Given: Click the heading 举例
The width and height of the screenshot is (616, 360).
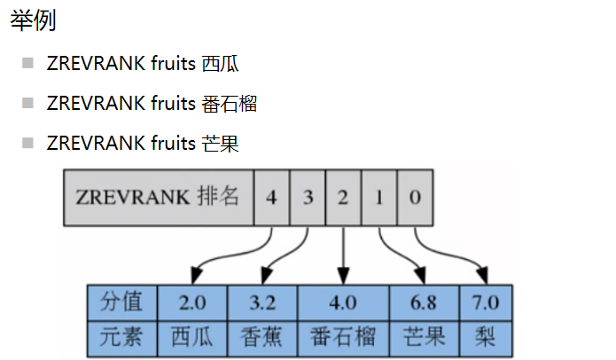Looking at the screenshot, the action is click(33, 20).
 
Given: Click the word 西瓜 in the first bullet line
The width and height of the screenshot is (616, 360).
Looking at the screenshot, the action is click(220, 64).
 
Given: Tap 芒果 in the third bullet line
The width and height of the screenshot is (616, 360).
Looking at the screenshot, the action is click(220, 144).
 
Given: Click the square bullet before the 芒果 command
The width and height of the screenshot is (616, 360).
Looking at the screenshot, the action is click(28, 143).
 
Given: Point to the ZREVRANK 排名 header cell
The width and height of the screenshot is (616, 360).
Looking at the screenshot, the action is click(159, 196).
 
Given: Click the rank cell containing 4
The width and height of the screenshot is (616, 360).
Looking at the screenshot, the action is click(271, 196).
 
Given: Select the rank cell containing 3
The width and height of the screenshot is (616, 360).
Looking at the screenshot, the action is click(308, 196).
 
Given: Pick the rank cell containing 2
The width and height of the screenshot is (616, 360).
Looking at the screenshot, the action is click(343, 196).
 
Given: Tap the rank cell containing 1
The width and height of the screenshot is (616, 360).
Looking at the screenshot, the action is click(379, 196).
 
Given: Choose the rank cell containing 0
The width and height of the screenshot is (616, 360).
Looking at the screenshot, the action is click(415, 196).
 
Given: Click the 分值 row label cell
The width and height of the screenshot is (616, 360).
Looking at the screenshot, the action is click(122, 302).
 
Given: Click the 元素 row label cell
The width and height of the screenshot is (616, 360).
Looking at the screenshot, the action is click(122, 337).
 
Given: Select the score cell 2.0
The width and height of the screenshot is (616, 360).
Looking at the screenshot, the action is click(192, 302).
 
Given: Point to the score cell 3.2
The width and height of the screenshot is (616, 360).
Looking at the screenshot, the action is click(262, 302).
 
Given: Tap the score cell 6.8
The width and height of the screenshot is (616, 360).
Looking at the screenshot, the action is click(423, 302).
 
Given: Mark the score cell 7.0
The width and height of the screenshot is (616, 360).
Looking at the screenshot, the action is click(485, 302).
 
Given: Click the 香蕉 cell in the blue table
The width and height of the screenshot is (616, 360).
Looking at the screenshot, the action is click(262, 337).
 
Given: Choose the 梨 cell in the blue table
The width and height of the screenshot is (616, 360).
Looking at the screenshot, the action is click(485, 337).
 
